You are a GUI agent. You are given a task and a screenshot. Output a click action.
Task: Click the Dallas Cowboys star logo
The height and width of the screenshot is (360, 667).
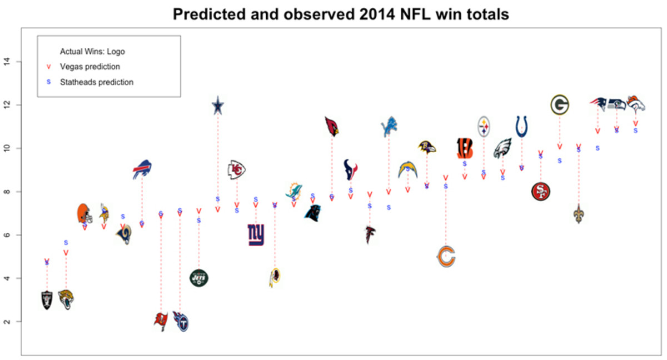(218, 105)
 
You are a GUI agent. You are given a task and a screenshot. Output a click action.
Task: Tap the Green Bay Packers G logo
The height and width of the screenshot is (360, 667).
(560, 104)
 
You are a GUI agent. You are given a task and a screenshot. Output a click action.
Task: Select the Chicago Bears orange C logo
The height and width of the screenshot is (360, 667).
(446, 257)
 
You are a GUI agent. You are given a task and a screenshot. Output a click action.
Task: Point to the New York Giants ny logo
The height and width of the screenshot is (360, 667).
(256, 234)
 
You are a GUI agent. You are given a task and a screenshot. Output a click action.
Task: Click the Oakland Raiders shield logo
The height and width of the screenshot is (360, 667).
(47, 300)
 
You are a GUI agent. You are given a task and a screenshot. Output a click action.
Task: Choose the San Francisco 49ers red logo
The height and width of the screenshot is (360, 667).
(540, 192)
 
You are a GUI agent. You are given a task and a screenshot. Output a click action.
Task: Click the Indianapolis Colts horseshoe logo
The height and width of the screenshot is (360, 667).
(522, 127)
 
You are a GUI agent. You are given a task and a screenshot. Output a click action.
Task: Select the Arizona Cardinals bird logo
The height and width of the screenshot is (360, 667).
(332, 127)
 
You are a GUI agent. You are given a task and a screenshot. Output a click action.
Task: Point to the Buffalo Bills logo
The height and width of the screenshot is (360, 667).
(142, 169)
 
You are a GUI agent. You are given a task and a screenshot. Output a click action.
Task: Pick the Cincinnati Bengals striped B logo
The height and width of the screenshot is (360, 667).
(465, 148)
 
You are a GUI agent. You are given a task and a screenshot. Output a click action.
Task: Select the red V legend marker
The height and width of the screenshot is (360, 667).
(48, 67)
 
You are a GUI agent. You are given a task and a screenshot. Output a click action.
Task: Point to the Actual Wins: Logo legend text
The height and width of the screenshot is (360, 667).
(92, 52)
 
